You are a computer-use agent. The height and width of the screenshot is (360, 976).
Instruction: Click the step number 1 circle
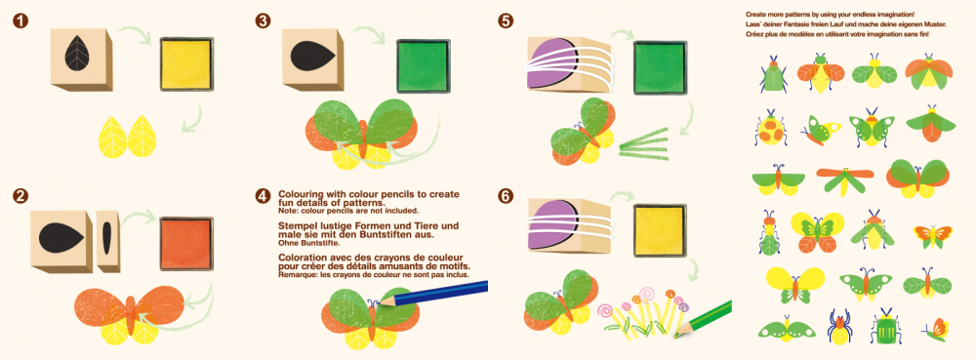pos(20,20)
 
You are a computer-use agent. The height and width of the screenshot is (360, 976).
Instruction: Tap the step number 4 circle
pos(262,196)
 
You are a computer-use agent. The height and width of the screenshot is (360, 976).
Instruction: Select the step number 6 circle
pos(505,196)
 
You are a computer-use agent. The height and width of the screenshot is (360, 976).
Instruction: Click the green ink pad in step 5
pos(662,63)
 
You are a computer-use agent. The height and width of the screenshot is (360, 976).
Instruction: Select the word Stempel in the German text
pos(300,224)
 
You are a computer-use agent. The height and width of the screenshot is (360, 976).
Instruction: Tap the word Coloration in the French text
pos(304,256)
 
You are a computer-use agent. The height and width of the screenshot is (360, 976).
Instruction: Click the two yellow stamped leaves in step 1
pos(130,138)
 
